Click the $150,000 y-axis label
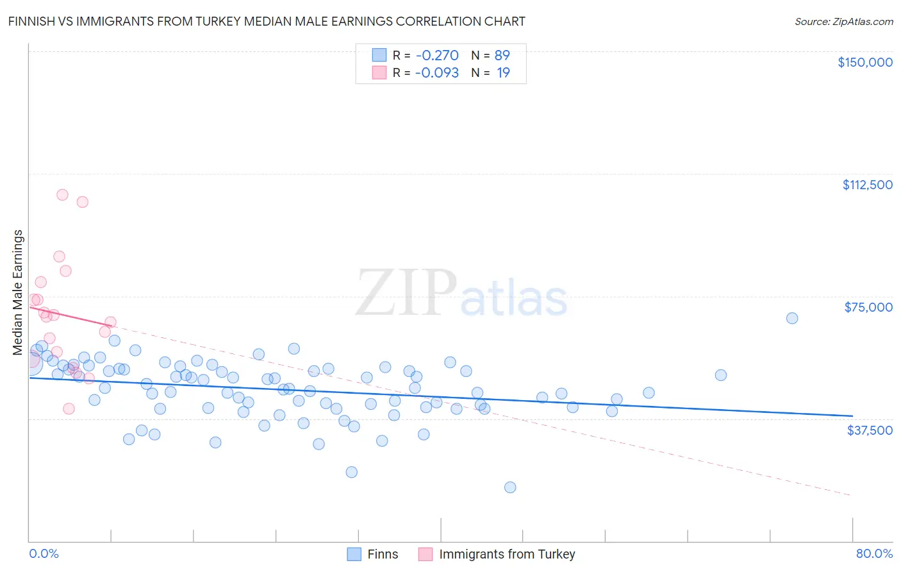coord(864,62)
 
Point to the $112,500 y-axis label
coord(867,185)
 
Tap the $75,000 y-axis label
coord(868,307)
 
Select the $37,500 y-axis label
coord(869,430)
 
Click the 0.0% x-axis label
coord(44,553)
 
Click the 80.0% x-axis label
coord(874,553)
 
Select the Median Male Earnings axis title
coord(18,292)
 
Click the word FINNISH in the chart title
coord(31,21)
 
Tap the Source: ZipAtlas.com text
coord(843,21)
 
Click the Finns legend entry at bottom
coord(382,554)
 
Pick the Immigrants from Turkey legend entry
coord(506,554)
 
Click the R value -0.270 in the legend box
coord(437,55)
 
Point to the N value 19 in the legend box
coord(503,72)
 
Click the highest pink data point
coord(62,195)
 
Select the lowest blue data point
coord(510,487)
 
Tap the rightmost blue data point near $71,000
coord(792,318)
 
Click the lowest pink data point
coord(69,408)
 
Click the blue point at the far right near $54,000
coord(721,375)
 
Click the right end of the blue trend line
coord(852,416)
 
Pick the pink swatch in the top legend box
coord(379,72)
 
